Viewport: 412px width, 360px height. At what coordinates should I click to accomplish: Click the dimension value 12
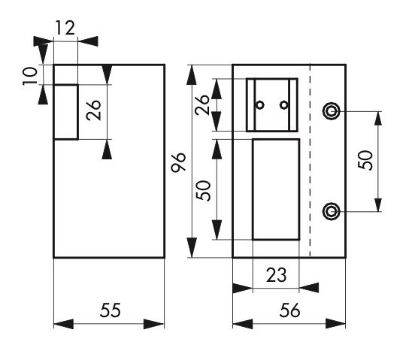[x=65, y=28]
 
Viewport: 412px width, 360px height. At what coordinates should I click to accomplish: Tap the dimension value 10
[x=29, y=76]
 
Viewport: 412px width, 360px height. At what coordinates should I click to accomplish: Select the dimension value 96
[x=178, y=162]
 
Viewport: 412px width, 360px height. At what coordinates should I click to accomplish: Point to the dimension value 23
[x=276, y=275]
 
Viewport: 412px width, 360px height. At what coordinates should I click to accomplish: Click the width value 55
[x=111, y=310]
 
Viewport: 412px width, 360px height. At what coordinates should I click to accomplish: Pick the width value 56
[x=289, y=310]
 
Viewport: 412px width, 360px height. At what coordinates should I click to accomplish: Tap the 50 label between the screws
[x=365, y=160]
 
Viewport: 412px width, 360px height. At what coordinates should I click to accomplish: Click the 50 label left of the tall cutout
[x=204, y=191]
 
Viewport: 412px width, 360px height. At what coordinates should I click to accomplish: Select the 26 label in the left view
[x=93, y=110]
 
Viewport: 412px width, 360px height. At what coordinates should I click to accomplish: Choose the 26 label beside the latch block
[x=202, y=104]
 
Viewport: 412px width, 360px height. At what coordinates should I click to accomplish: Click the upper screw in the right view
[x=332, y=111]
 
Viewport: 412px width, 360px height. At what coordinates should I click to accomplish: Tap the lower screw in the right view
[x=332, y=211]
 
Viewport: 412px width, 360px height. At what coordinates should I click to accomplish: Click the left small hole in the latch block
[x=260, y=105]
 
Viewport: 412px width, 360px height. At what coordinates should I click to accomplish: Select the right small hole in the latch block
[x=283, y=105]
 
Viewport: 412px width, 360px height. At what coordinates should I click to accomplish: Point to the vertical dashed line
[x=311, y=161]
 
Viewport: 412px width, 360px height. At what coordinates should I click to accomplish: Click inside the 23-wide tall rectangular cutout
[x=276, y=189]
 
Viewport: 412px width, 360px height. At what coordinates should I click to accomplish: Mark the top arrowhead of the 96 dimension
[x=192, y=75]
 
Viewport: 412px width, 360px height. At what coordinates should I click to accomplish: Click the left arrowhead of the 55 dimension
[x=64, y=324]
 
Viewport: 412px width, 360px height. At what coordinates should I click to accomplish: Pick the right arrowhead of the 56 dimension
[x=335, y=324]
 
